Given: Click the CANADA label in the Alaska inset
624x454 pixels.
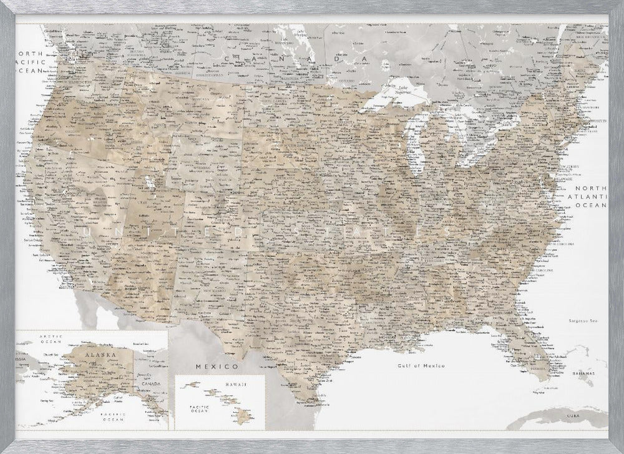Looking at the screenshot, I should click(157, 383).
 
